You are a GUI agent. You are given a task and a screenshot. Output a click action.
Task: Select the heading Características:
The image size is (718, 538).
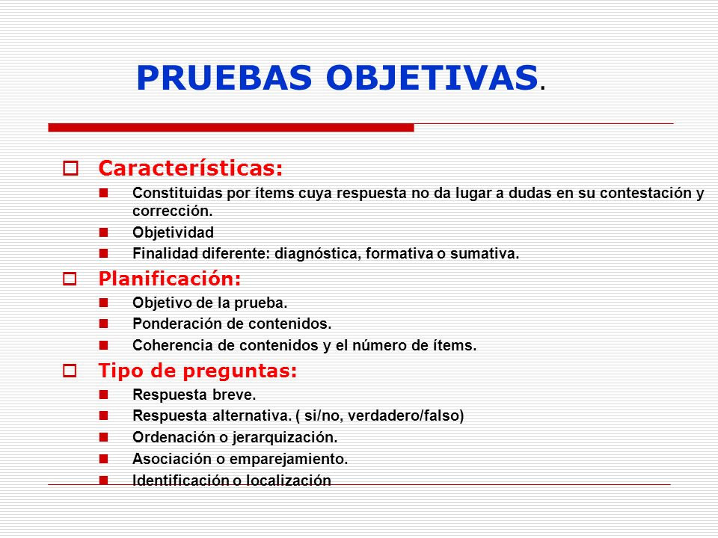[191, 168]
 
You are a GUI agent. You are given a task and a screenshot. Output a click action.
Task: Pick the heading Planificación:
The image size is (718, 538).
[170, 279]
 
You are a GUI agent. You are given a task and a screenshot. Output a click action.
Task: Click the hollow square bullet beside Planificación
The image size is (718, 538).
[70, 280]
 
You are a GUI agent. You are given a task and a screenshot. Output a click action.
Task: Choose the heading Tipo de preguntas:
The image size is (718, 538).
[197, 371]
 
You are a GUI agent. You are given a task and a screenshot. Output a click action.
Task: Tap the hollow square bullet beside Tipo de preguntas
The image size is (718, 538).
[70, 371]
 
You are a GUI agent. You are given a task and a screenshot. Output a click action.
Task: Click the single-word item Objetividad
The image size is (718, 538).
[173, 232]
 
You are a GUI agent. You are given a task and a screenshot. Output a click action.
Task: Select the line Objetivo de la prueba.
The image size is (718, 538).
[209, 303]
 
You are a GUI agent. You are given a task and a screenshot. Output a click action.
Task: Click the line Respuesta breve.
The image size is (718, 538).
[194, 395]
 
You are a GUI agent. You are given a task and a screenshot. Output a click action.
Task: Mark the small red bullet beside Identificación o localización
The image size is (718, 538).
[104, 480]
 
